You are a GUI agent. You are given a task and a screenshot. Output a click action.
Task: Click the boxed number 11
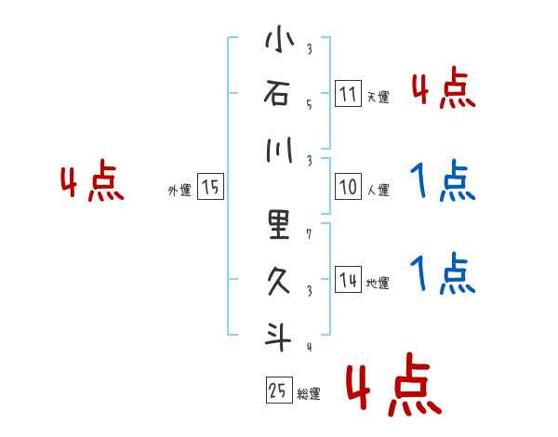tap(348, 94)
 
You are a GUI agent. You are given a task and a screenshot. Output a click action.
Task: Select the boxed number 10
tap(348, 187)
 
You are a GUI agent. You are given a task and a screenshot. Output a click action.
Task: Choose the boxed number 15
tap(210, 187)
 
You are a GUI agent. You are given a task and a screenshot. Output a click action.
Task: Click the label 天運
tap(378, 97)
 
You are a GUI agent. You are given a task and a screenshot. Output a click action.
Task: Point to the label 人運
tap(378, 191)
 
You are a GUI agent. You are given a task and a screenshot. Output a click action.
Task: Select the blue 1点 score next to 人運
tap(442, 182)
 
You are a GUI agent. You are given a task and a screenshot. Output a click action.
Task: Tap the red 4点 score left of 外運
tap(92, 182)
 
